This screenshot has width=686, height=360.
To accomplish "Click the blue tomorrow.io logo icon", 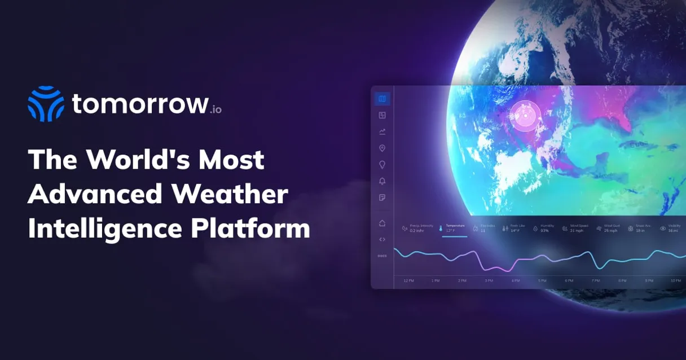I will click(x=46, y=104).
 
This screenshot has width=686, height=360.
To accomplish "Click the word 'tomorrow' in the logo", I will click(x=139, y=104).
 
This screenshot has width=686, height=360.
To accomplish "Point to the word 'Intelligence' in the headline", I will click(x=105, y=229).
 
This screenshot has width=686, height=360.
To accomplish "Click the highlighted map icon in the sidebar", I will click(x=382, y=99).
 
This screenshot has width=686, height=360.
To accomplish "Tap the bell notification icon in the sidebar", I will click(x=382, y=181).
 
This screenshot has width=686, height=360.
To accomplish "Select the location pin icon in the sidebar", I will click(x=382, y=148).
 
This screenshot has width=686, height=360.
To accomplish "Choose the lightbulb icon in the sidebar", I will click(x=382, y=165).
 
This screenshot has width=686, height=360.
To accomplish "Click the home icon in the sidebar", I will click(x=382, y=223).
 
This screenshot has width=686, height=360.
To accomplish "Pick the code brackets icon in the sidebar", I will click(x=382, y=239).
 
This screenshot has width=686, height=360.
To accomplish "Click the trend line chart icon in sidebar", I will click(x=382, y=131).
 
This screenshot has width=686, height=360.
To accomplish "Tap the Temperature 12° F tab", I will click(x=454, y=228).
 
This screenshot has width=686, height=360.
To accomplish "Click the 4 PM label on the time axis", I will click(x=516, y=280).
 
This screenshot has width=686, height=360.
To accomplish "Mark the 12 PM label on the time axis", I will click(x=409, y=280).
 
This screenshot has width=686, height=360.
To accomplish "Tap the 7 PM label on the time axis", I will click(x=596, y=280).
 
